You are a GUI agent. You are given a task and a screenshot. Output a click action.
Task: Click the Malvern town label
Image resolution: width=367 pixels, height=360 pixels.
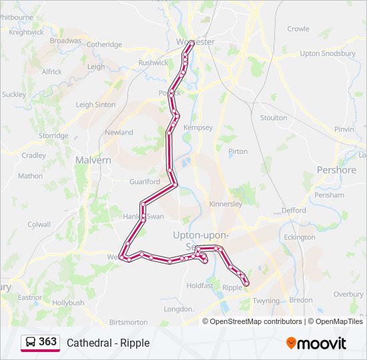(93, 161)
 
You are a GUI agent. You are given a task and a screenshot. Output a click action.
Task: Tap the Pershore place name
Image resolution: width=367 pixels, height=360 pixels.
(336, 170)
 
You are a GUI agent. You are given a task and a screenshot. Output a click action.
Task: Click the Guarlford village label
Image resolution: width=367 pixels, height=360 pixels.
(145, 181)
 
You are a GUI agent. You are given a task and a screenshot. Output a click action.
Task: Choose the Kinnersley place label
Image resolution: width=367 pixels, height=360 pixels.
(226, 204)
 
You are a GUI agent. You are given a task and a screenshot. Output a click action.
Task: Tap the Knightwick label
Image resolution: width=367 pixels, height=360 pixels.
(27, 31)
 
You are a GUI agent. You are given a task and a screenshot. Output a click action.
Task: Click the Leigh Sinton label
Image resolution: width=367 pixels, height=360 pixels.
(95, 105)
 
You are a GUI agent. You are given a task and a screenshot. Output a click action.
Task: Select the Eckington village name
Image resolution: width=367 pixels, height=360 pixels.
(299, 237)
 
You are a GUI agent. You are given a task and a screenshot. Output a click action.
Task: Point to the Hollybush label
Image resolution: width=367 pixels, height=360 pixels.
(68, 303)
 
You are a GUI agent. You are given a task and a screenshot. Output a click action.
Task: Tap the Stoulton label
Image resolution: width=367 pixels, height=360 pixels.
(274, 118)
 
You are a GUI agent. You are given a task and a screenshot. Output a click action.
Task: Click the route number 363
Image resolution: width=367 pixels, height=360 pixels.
(48, 342)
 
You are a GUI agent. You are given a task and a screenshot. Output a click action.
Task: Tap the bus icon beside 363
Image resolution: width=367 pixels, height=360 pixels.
(31, 343)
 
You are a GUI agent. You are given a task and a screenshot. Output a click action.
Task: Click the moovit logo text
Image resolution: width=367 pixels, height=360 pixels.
(322, 343)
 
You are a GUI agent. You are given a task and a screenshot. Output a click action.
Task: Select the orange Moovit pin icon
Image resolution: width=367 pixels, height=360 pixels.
(291, 343)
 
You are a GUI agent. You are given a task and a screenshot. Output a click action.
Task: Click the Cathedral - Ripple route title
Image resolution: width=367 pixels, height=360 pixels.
(108, 343)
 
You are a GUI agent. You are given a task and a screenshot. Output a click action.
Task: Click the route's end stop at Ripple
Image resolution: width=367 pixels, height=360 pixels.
(246, 283)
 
